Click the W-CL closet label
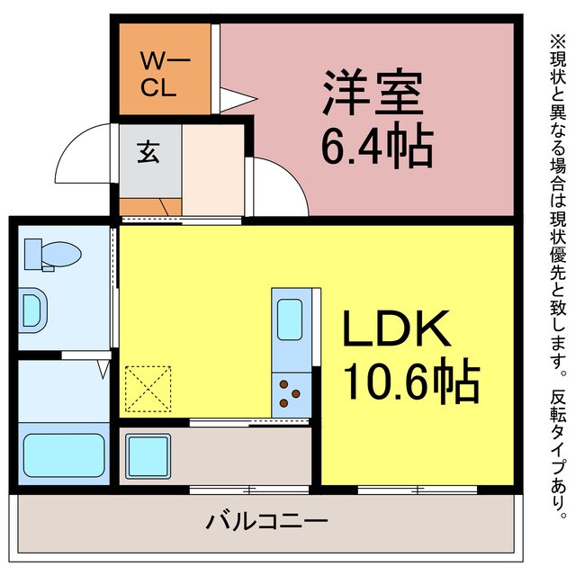coord(163,75)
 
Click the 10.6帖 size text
coord(409,382)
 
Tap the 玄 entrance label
coord(148,152)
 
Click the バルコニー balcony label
coord(266,520)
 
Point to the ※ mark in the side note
coord(555,40)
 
